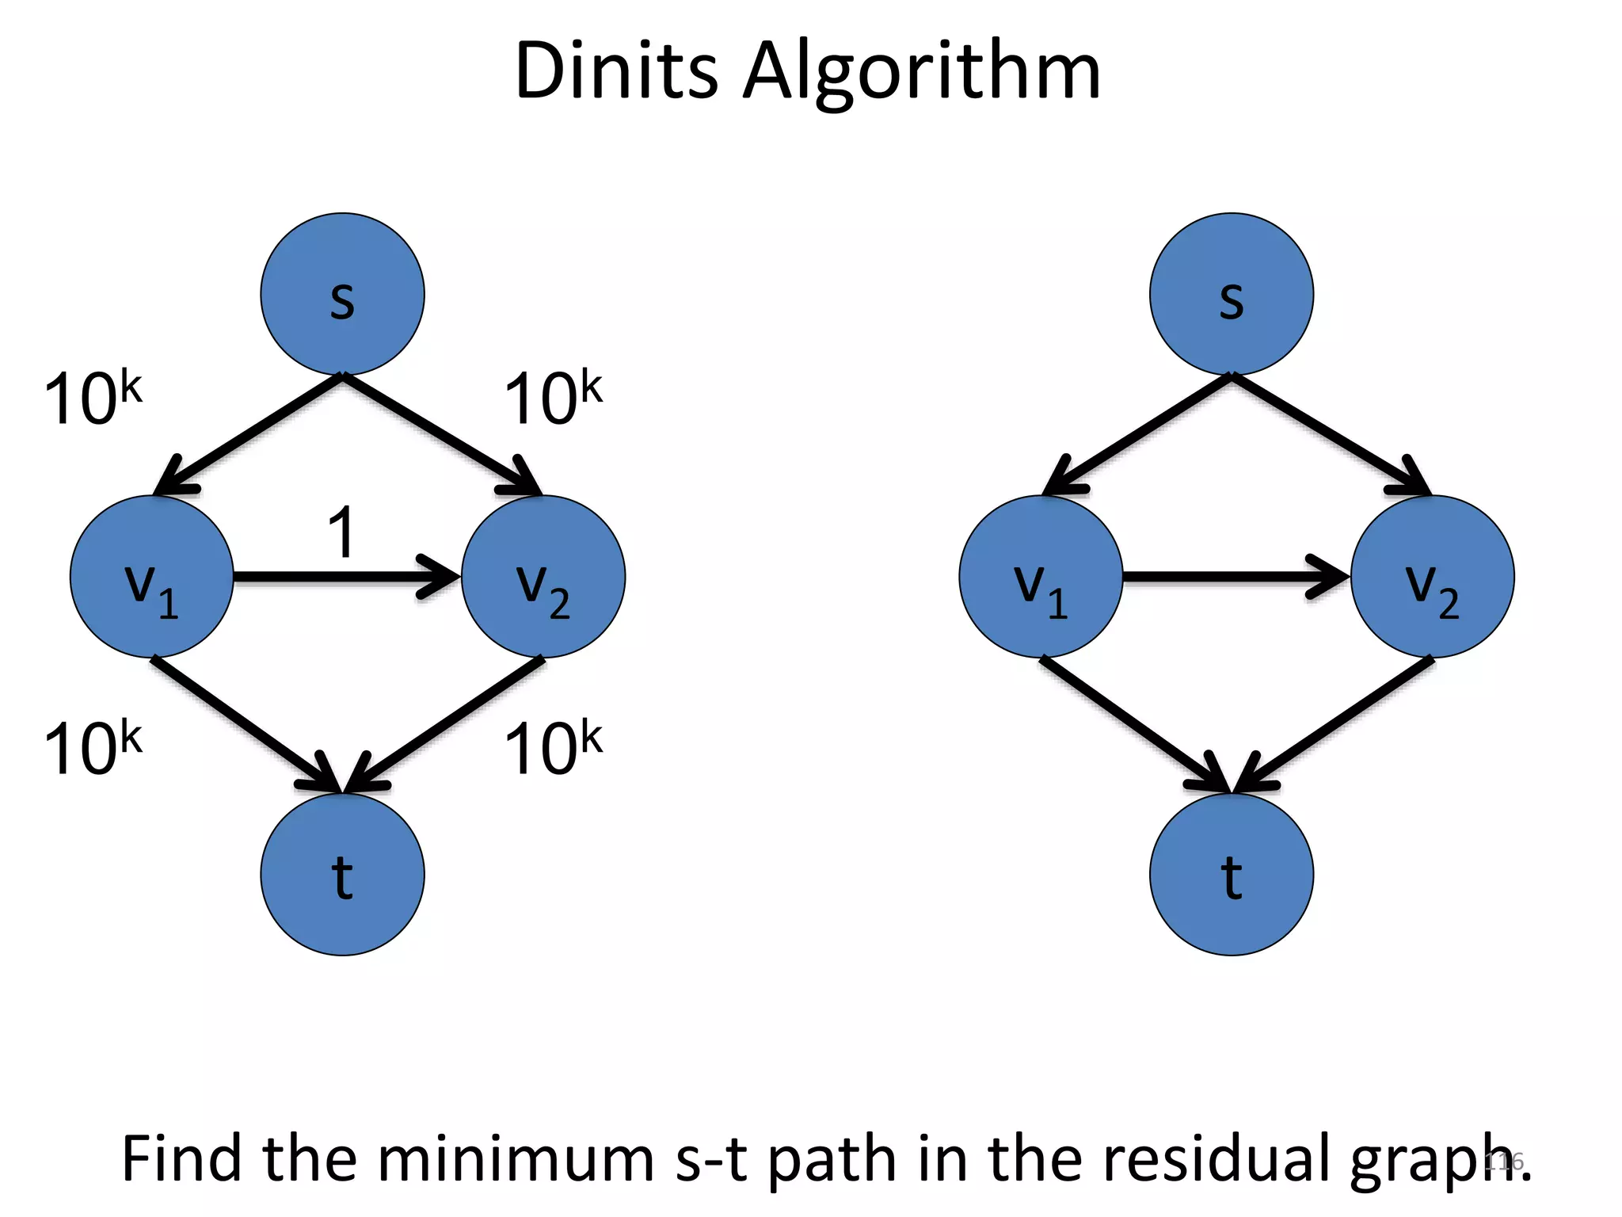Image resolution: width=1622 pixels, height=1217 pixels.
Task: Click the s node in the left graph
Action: coord(342,294)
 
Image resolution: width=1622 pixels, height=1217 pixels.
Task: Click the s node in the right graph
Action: coord(1231,294)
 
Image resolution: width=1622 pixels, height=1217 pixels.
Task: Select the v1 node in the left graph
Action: coord(151,577)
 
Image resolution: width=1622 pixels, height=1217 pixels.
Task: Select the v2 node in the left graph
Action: coord(543,577)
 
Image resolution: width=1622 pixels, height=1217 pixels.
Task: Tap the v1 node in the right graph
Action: coord(1041,577)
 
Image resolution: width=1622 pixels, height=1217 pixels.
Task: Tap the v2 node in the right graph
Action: coord(1432,577)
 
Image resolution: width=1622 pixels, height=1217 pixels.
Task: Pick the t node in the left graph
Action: coord(342,875)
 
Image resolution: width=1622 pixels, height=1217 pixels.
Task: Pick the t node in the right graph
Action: coord(1231,875)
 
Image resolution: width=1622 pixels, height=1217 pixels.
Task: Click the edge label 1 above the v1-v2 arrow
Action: coord(342,532)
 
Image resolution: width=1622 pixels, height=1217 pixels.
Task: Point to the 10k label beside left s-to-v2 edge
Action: coord(553,399)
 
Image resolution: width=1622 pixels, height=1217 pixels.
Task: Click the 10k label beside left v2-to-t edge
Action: coord(553,749)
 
